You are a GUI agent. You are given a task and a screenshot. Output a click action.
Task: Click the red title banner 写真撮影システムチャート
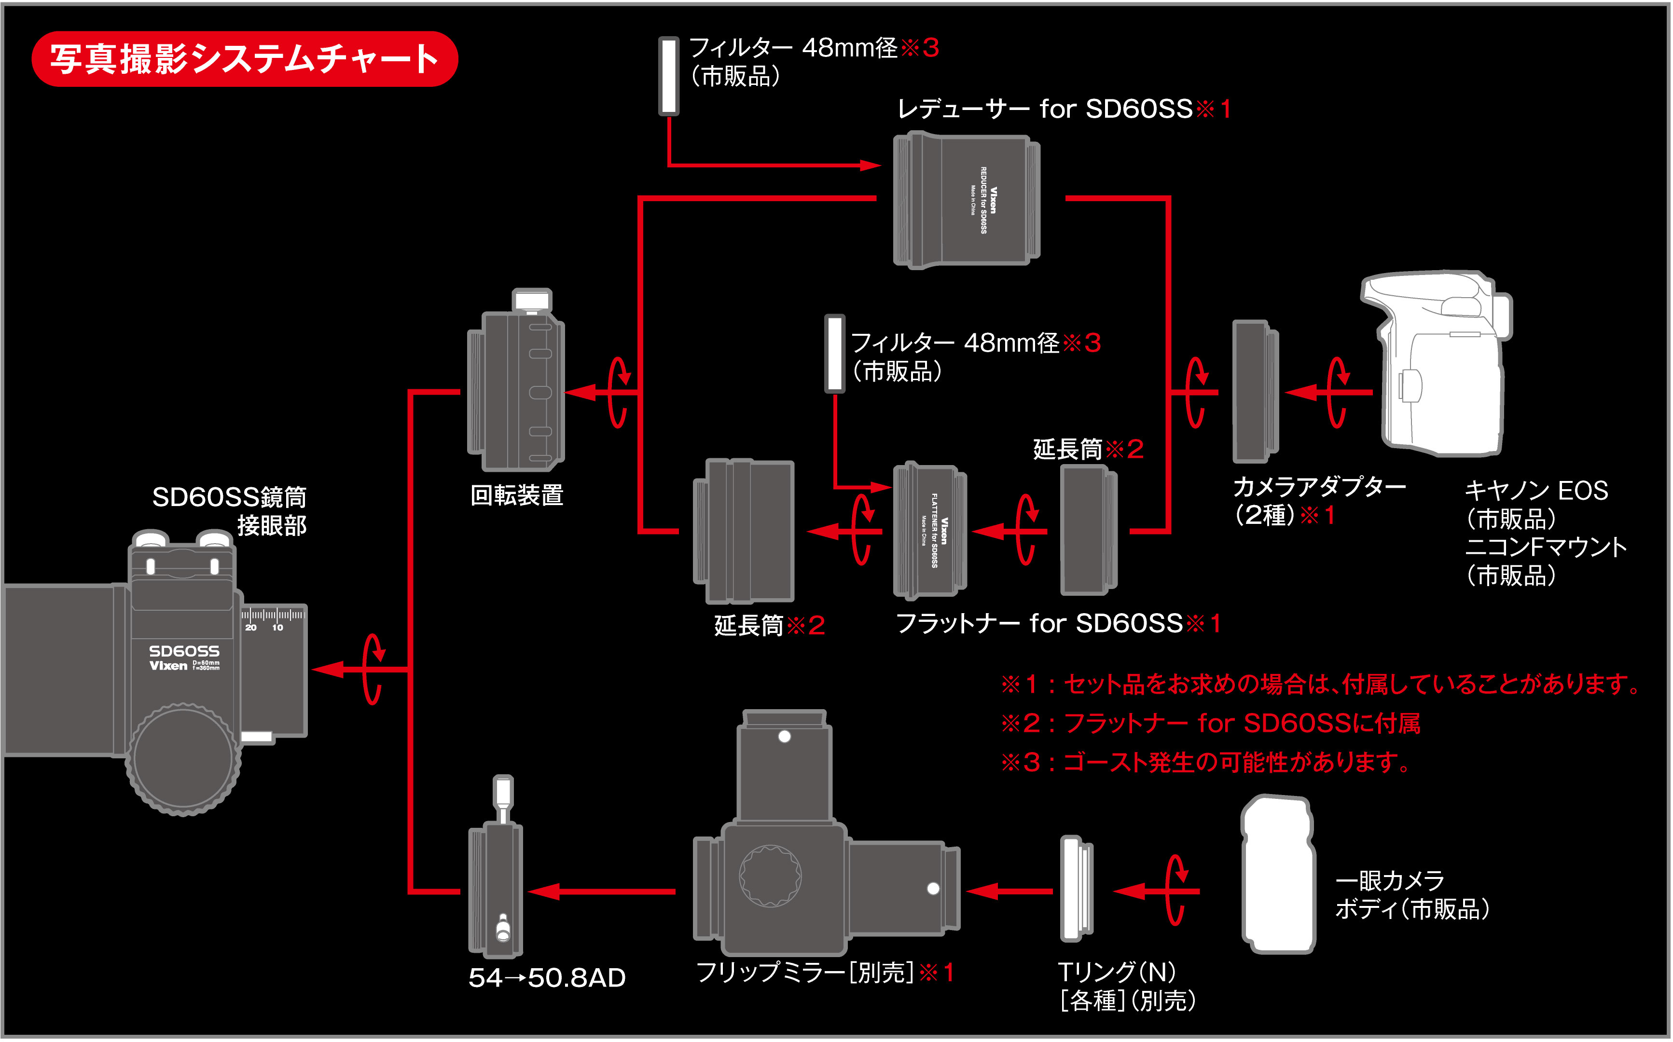point(245,58)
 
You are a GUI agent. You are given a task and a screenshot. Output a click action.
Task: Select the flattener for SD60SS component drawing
point(929,530)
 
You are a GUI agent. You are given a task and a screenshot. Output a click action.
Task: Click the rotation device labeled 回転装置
point(516,389)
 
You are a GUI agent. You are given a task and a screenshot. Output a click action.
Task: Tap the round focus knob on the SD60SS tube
point(183,758)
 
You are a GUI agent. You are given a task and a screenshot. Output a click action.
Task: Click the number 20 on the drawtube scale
point(251,628)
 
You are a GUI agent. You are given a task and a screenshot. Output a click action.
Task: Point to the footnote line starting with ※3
point(1206,762)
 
